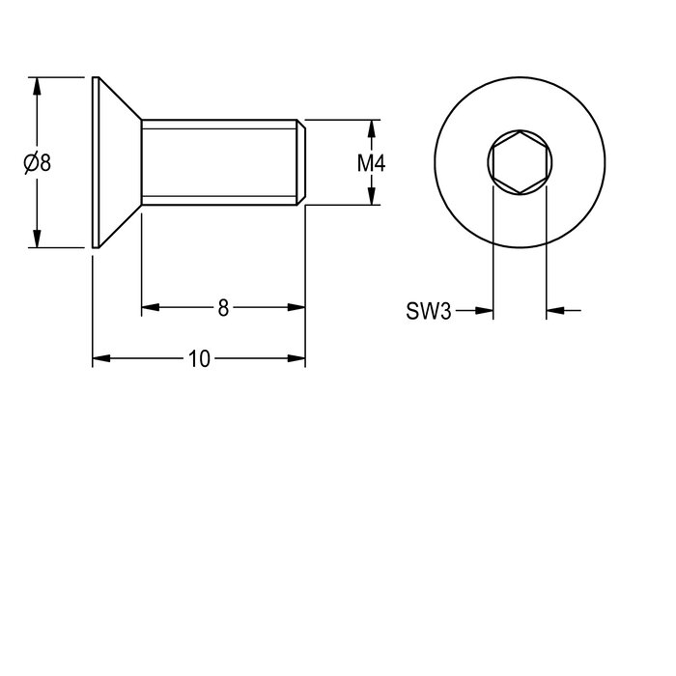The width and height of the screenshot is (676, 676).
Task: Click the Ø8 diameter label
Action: pyautogui.click(x=37, y=163)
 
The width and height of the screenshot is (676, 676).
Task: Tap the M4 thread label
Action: pyautogui.click(x=371, y=163)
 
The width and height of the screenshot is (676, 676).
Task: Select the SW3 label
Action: pyautogui.click(x=429, y=311)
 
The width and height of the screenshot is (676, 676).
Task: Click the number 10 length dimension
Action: pyautogui.click(x=199, y=358)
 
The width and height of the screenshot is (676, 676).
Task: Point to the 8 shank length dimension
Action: pyautogui.click(x=223, y=308)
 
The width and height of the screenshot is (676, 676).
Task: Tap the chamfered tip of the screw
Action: pyautogui.click(x=301, y=162)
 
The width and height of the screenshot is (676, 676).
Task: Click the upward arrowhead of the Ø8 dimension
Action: pyautogui.click(x=37, y=86)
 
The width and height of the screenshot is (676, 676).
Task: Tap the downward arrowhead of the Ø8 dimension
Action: pyautogui.click(x=37, y=239)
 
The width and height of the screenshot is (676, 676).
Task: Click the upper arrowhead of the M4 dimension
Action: pyautogui.click(x=372, y=128)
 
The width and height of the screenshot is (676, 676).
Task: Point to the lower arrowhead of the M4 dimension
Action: pyautogui.click(x=372, y=196)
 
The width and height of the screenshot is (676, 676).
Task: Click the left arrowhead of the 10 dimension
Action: pyautogui.click(x=101, y=358)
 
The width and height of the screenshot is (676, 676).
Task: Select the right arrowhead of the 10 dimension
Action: pyautogui.click(x=296, y=358)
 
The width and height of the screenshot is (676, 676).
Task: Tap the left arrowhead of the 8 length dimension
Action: pyautogui.click(x=151, y=307)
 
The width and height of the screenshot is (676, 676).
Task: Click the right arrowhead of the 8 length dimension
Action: pyautogui.click(x=296, y=307)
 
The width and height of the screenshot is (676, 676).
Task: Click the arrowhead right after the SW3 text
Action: pyautogui.click(x=484, y=310)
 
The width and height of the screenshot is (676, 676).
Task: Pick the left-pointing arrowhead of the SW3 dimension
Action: pyautogui.click(x=555, y=310)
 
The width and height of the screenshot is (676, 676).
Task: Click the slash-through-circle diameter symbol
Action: pyautogui.click(x=30, y=163)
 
